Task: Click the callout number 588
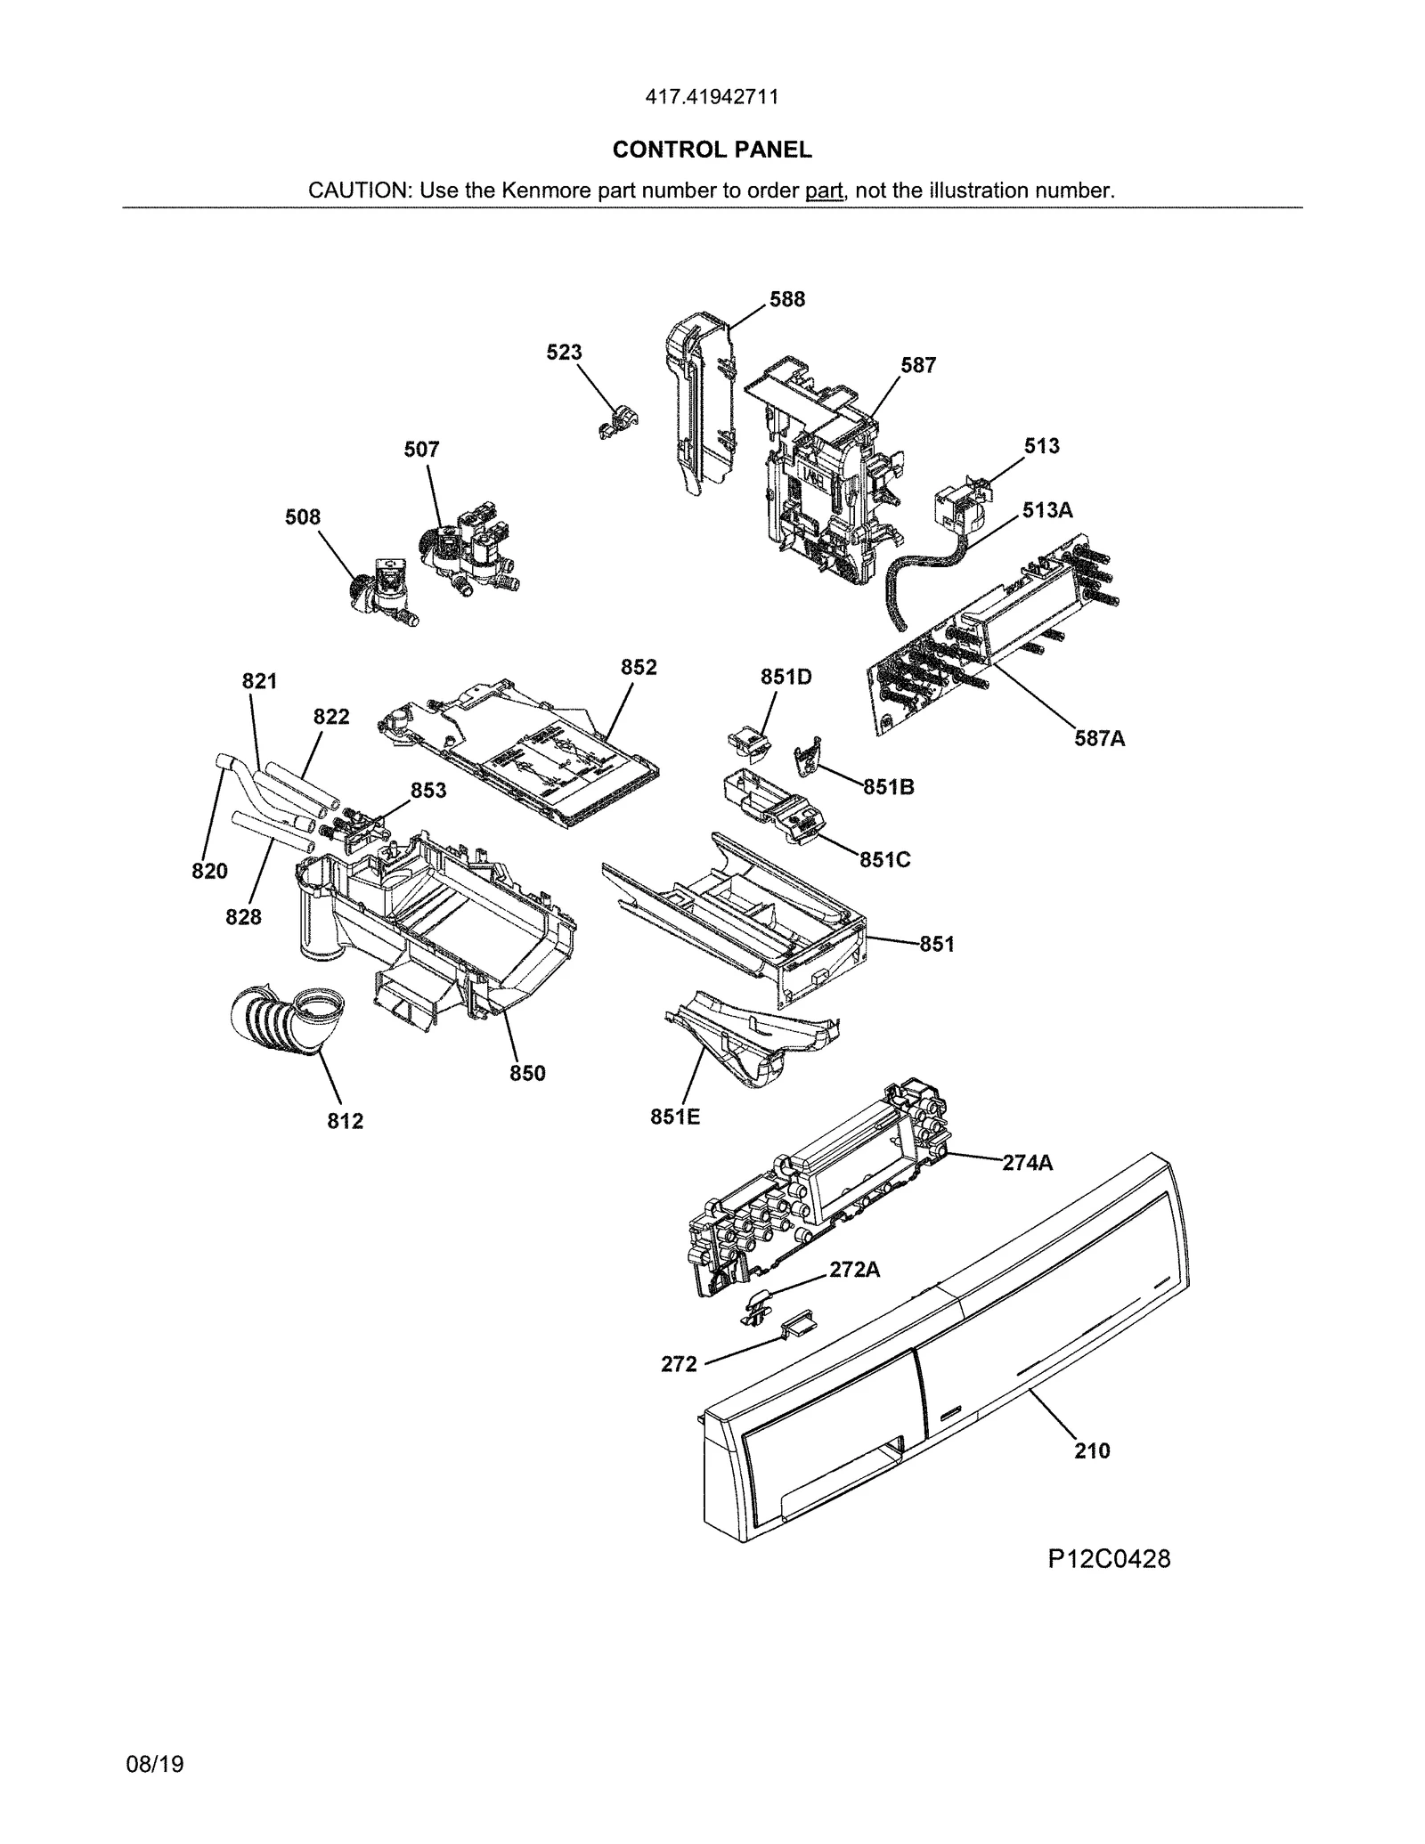pos(787,300)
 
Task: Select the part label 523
pos(564,353)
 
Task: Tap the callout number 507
pos(421,450)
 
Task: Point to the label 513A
pos(1047,510)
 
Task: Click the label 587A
pos(1099,738)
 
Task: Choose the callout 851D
pos(786,678)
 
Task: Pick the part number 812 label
pos(345,1121)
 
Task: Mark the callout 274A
pos(1027,1163)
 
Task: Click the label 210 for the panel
pos(1092,1451)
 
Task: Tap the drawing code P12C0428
pos(1108,1559)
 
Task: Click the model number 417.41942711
pos(712,97)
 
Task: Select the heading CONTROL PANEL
pos(712,150)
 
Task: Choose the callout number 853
pos(427,791)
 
